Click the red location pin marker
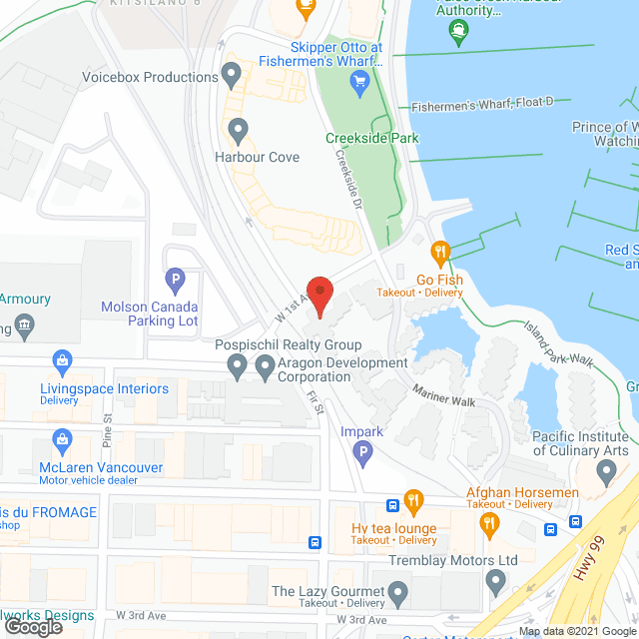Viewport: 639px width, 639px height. (x=319, y=293)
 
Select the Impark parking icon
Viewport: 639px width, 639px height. (x=363, y=456)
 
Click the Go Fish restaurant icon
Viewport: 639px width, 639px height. (x=437, y=252)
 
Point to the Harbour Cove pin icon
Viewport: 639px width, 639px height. (x=238, y=129)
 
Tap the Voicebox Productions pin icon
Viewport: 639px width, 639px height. (x=233, y=73)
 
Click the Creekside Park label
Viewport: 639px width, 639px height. (x=371, y=138)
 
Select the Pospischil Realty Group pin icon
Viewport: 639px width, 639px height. (x=237, y=367)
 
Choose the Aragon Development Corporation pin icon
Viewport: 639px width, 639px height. (x=266, y=367)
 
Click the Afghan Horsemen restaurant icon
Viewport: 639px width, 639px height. (x=489, y=522)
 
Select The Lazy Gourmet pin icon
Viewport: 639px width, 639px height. (x=398, y=596)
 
